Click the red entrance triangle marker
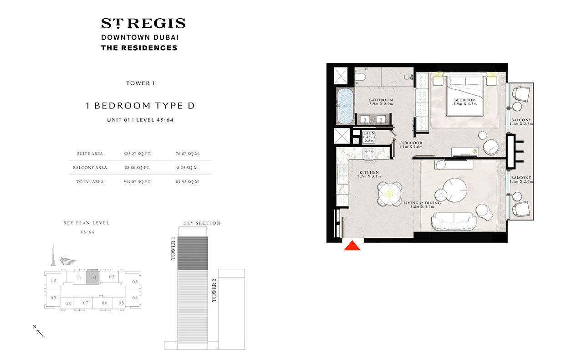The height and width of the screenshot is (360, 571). point(352,246)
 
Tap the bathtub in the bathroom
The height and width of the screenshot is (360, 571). point(345,106)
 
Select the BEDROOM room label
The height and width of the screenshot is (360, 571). point(465,100)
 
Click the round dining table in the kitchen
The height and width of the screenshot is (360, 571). point(389,194)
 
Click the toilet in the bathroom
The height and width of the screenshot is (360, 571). point(360,77)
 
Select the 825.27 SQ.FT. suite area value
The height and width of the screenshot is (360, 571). point(137,154)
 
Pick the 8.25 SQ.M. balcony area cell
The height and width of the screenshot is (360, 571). point(188,168)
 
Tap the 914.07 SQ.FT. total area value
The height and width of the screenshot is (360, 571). point(137,182)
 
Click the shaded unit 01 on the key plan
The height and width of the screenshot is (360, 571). point(93,277)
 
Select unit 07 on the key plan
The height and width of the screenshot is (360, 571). point(86,303)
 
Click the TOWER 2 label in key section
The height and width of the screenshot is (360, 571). point(214,290)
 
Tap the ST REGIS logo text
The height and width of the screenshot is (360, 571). point(143,23)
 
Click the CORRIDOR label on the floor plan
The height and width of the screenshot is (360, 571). point(410,143)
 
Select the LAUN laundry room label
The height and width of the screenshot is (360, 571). point(369,133)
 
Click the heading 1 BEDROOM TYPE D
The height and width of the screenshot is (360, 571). point(140,106)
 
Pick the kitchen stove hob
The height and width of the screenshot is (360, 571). point(369,154)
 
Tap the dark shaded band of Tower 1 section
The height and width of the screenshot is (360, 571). point(193,253)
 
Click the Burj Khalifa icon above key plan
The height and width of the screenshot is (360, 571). point(53,255)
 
